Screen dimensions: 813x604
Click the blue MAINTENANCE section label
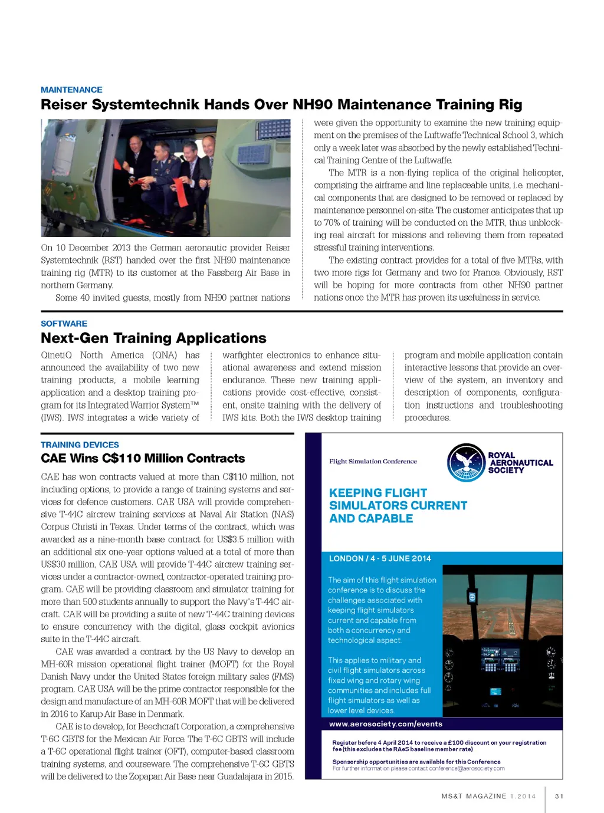(x=71, y=90)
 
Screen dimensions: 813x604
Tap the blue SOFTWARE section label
(x=64, y=324)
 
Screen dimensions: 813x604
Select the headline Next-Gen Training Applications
(x=153, y=338)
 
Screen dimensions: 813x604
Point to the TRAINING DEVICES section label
(x=80, y=445)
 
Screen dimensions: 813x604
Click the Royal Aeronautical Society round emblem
(x=466, y=463)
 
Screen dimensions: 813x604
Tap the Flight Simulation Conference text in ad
(x=373, y=462)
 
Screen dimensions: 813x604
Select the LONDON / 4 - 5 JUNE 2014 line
(x=380, y=558)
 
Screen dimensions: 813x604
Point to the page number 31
(x=559, y=796)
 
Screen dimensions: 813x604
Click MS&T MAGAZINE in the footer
(x=474, y=796)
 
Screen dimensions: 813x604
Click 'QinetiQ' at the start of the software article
(x=56, y=356)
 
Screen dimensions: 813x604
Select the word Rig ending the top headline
(x=510, y=105)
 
